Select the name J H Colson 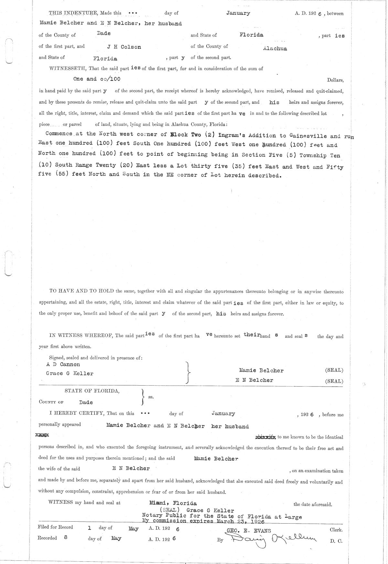(x=124, y=47)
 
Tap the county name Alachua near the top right (x=275, y=49)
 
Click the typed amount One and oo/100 (x=97, y=79)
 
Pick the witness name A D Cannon (x=63, y=365)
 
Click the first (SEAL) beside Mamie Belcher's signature (x=334, y=370)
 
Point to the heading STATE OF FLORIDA (x=92, y=391)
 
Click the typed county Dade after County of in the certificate (x=86, y=402)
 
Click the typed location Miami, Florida (x=173, y=503)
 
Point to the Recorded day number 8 (x=66, y=538)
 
